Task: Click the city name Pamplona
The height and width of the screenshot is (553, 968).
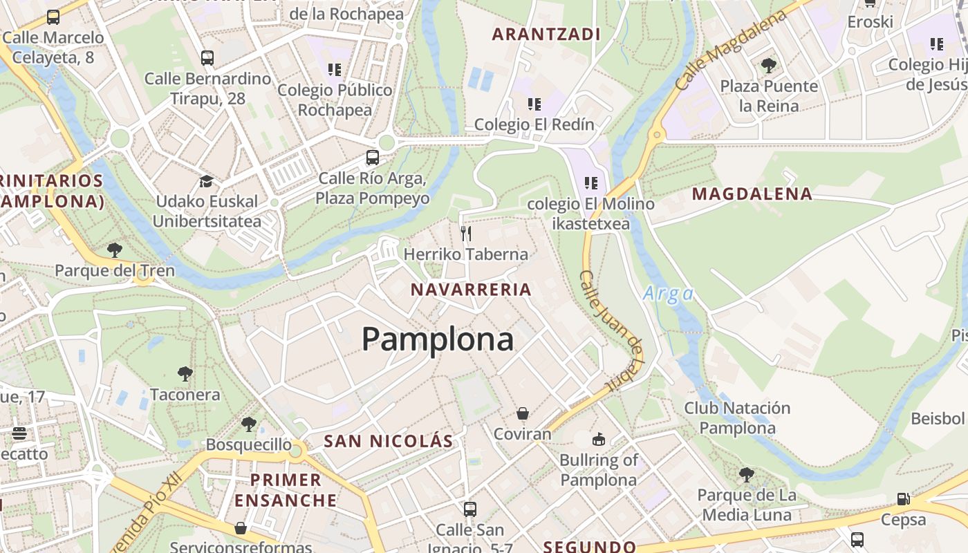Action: pyautogui.click(x=438, y=339)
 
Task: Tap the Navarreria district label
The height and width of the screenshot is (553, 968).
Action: pyautogui.click(x=471, y=290)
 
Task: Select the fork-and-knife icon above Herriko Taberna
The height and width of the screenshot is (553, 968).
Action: pyautogui.click(x=466, y=234)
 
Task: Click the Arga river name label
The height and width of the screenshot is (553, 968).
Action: pyautogui.click(x=668, y=294)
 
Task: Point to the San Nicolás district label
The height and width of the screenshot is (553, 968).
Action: pyautogui.click(x=389, y=441)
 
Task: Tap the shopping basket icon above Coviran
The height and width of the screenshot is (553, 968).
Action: pyautogui.click(x=523, y=413)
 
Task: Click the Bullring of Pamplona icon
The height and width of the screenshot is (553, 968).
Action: pyautogui.click(x=598, y=439)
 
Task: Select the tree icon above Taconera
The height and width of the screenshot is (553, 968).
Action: pyautogui.click(x=185, y=374)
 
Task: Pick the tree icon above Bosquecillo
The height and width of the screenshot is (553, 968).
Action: pyautogui.click(x=249, y=424)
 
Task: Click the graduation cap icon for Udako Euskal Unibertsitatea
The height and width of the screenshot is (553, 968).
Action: pyautogui.click(x=206, y=182)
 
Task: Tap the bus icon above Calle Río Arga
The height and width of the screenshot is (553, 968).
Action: pyautogui.click(x=373, y=158)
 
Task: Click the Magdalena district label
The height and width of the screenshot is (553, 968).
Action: pyautogui.click(x=752, y=194)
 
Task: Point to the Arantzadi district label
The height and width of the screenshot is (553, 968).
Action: pyautogui.click(x=546, y=34)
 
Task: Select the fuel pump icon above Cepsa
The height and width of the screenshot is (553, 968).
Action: pyautogui.click(x=903, y=498)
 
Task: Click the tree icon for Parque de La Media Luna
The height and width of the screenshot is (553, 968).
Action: pyautogui.click(x=746, y=475)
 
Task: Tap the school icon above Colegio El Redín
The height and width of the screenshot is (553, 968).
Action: pyautogui.click(x=534, y=104)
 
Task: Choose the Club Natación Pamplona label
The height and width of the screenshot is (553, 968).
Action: pyautogui.click(x=737, y=418)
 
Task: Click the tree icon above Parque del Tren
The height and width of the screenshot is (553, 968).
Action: pyautogui.click(x=115, y=250)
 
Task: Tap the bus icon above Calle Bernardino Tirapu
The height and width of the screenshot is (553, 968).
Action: pyautogui.click(x=207, y=58)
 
